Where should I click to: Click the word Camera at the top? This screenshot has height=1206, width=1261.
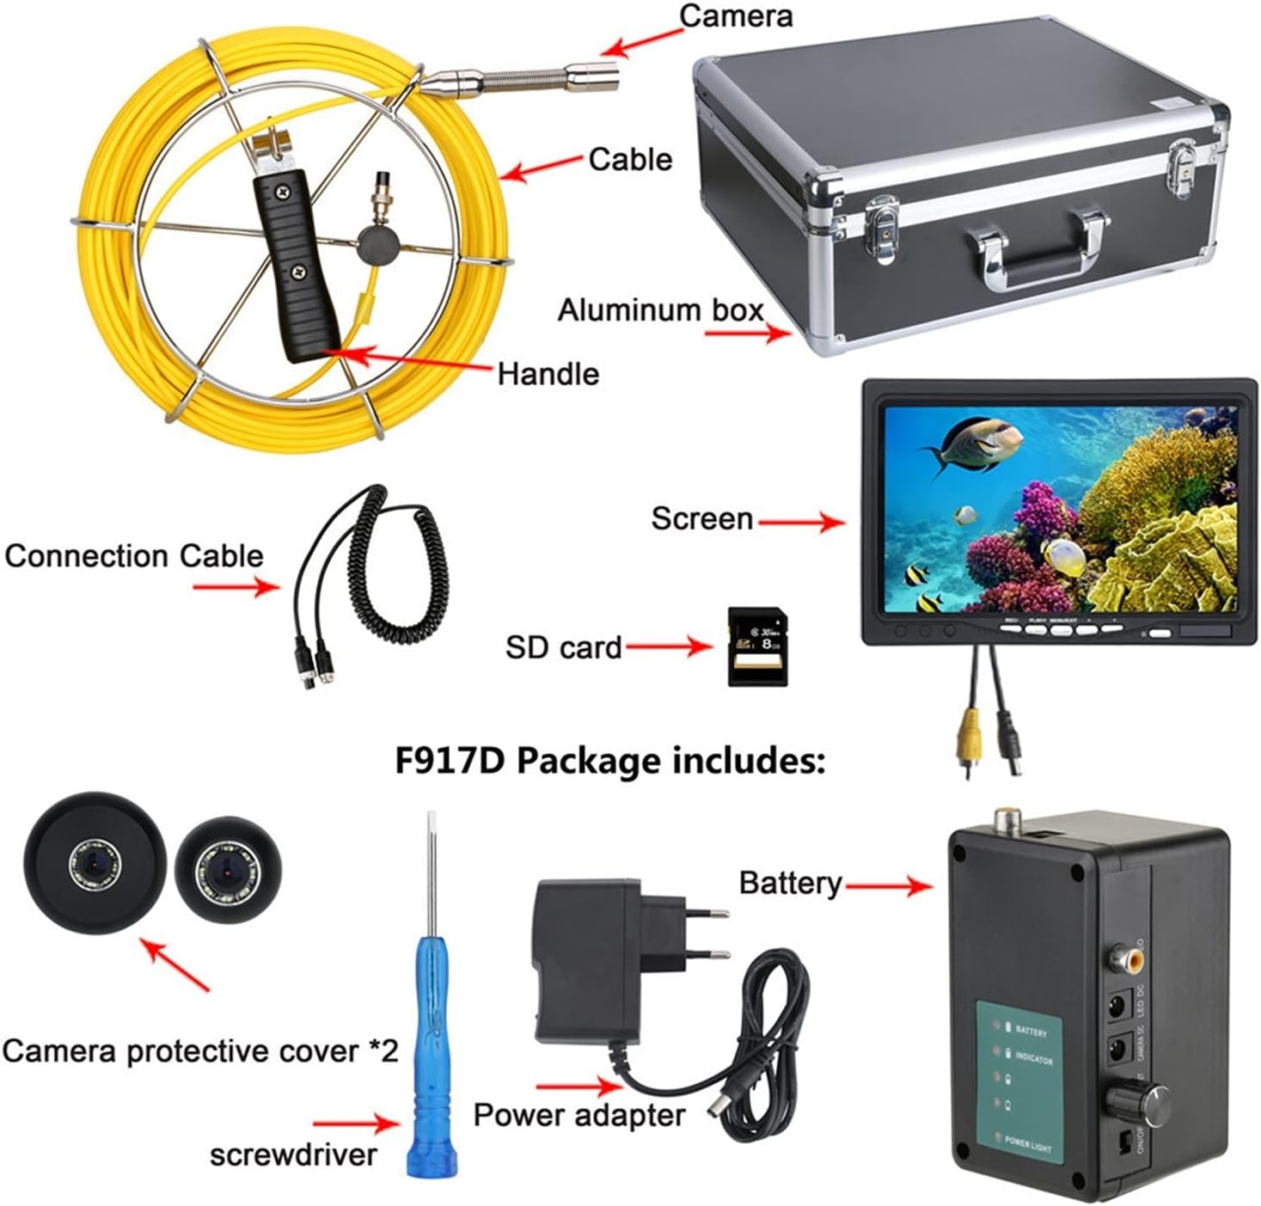pos(735,17)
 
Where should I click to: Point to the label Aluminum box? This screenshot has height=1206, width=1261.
pos(660,310)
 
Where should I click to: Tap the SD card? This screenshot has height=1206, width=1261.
pos(757,646)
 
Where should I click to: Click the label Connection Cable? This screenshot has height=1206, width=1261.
pos(134,556)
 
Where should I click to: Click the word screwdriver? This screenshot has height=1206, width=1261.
pos(293,1154)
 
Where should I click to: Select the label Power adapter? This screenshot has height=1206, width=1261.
pos(579,1115)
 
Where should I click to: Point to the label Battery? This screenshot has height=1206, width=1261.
pos(790,883)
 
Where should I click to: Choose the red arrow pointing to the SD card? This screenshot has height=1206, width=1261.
pos(669,646)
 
